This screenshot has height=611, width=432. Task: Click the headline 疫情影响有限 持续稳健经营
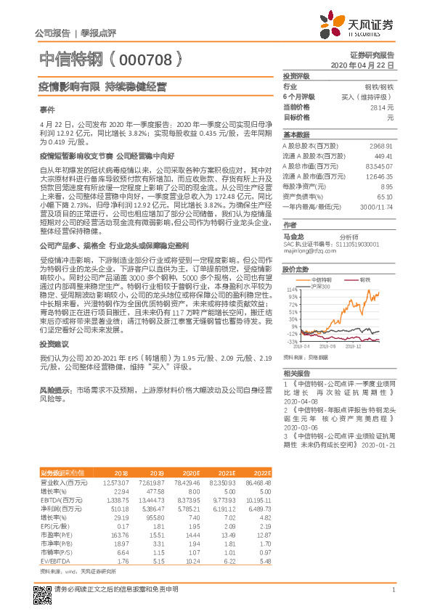[102, 87]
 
